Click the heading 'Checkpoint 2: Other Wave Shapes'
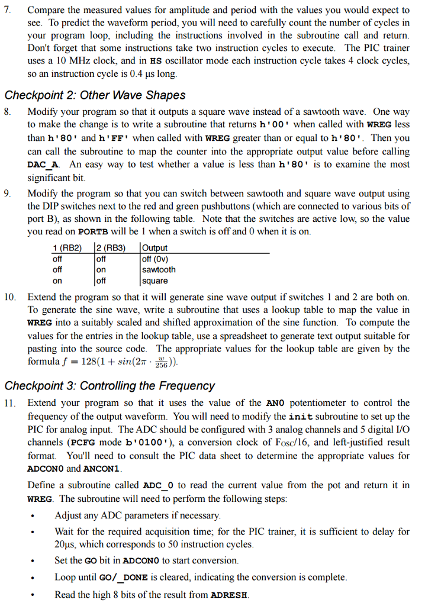tap(95, 95)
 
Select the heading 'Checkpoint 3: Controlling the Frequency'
tap(110, 386)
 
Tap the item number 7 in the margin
tap(8, 11)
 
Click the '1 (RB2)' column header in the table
tap(67, 248)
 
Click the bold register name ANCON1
tap(102, 469)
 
